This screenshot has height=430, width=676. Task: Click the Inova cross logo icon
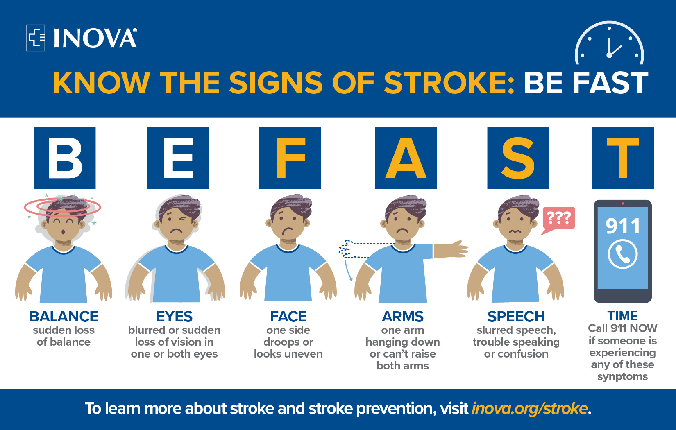coord(36,38)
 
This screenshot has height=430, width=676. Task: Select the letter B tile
coord(65,158)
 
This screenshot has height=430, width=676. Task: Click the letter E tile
coord(177,158)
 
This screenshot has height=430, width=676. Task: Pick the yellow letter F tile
coord(290,158)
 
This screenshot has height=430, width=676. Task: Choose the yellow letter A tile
coord(406,158)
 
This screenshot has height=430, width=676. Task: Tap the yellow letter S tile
coord(518,158)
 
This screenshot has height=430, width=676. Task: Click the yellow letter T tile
coord(623,158)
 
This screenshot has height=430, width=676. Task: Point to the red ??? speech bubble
coord(558,218)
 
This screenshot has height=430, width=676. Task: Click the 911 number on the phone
coord(623,226)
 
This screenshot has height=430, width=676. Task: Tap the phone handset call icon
coord(623,254)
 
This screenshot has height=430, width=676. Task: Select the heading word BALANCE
coord(64,316)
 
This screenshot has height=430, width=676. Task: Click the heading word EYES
coord(175,316)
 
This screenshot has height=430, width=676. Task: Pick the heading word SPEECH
coord(516,316)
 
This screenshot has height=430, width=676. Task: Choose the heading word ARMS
coord(403,316)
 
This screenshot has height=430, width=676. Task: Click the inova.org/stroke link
coord(530,408)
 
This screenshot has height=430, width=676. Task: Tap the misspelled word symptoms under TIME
coord(622,376)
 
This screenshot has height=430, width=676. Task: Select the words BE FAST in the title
coord(586,83)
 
